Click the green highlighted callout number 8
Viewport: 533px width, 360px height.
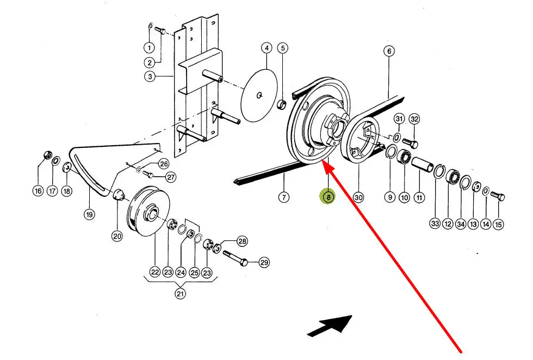point(328,196)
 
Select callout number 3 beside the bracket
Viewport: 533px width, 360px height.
point(150,77)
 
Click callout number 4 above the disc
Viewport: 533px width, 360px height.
point(266,48)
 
